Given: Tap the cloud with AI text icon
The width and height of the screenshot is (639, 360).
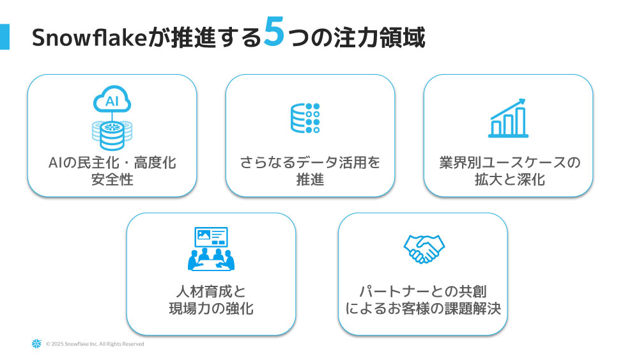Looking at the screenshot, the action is [112, 101].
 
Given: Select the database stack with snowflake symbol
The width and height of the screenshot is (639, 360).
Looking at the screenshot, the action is [112, 132].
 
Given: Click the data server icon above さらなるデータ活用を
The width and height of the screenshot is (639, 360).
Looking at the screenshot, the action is [305, 118].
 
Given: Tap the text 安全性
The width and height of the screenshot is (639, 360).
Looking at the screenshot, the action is [112, 179].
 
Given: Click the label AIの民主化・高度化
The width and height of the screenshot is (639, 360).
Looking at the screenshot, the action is [112, 162].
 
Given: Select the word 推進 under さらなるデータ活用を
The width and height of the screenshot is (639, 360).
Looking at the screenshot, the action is [310, 179].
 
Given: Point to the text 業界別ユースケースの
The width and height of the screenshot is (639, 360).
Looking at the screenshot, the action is [509, 162].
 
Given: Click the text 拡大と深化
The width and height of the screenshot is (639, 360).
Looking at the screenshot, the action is [509, 179].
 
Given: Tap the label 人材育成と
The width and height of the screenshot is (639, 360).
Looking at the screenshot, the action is [211, 292].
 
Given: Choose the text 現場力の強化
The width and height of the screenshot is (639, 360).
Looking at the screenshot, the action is [211, 308].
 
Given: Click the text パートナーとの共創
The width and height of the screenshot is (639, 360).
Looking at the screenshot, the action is [423, 292].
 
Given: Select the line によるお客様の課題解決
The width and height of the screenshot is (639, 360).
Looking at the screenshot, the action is [423, 308].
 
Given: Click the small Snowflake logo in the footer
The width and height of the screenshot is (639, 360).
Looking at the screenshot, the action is [36, 344].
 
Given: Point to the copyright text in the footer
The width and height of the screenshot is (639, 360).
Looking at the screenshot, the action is [95, 344].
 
